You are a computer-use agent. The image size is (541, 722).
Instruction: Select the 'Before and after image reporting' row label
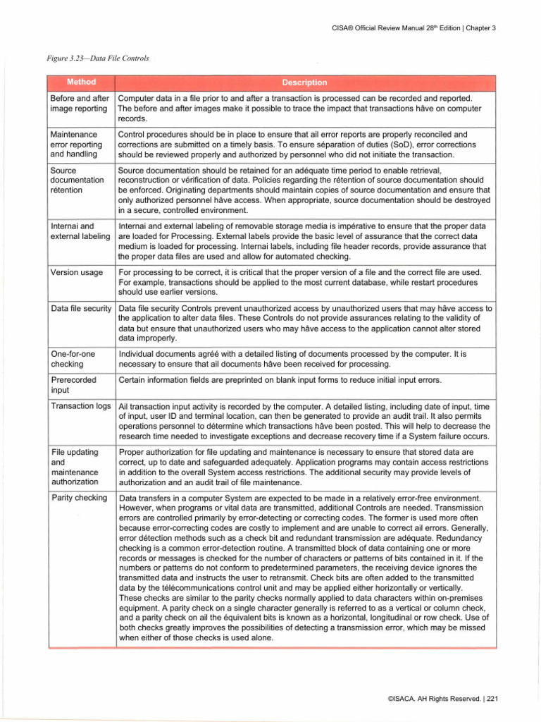81,103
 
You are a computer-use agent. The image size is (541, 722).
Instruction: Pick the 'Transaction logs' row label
81,407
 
